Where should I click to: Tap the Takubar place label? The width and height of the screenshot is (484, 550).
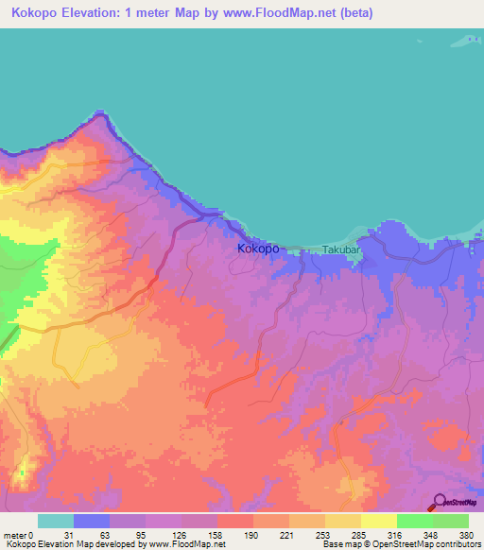coord(339,249)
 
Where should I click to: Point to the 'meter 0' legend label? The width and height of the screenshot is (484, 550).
coord(19,535)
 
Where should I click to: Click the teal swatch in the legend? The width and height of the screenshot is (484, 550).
coord(56,521)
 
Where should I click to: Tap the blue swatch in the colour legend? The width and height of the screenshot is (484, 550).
coord(92,521)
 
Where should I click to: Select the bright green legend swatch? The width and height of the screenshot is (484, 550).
coord(414,521)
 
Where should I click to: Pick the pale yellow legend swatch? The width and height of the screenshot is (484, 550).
coord(378,521)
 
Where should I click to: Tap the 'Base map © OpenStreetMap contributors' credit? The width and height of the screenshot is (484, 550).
coord(400,544)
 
